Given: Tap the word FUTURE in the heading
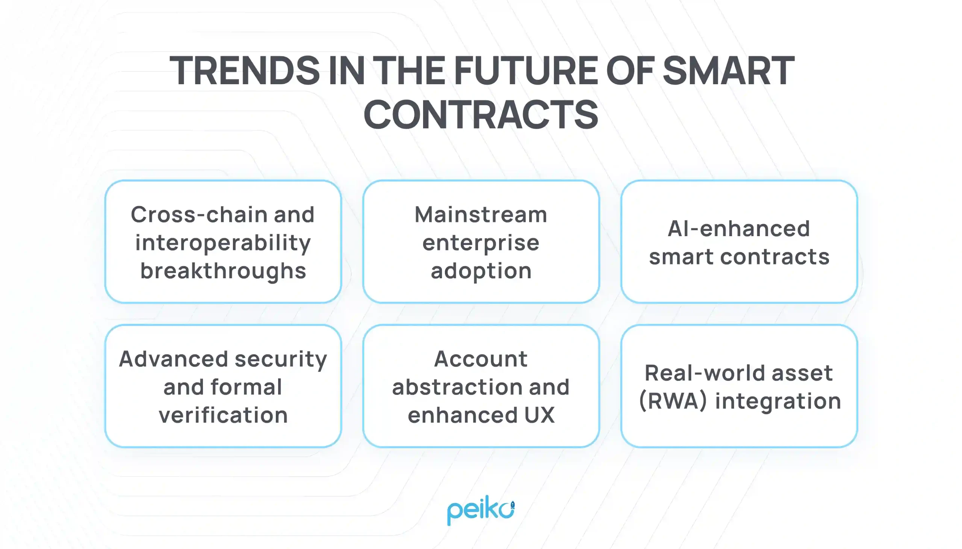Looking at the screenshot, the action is pos(526,71).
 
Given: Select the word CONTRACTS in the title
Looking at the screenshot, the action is pos(481,114).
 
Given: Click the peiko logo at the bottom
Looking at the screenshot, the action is pos(481,510).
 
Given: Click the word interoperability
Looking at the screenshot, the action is pos(223,243).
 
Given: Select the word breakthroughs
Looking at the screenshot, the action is pos(223,271).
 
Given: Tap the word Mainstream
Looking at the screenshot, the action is pos(481,215).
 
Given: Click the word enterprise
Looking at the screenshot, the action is pos(481,243).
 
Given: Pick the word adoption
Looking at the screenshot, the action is pos(481,271).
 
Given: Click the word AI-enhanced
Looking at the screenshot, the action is pos(738,229).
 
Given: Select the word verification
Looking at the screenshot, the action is pos(223,415).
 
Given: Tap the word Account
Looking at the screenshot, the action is pos(481,359).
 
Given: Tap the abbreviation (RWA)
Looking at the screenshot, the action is pos(673,401).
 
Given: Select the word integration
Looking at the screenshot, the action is pos(778,401).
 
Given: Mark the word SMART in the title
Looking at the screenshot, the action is pos(729,71).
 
